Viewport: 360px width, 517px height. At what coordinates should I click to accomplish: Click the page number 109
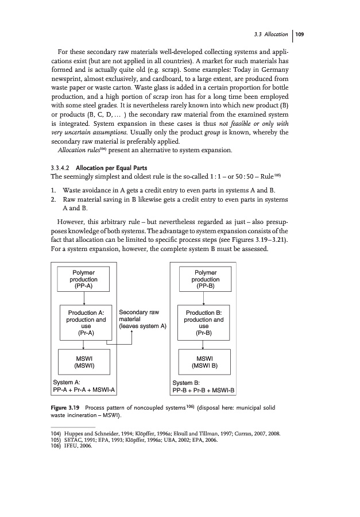pos(299,34)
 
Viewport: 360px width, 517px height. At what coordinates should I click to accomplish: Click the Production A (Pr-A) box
pos(85,323)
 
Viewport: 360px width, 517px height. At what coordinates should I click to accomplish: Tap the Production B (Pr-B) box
pos(205,323)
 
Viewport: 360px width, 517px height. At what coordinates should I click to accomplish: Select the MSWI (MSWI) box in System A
pos(85,362)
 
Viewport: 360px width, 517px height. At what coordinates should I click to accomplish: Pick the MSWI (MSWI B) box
pos(205,362)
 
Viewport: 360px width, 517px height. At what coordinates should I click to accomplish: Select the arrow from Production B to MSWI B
pos(205,344)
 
